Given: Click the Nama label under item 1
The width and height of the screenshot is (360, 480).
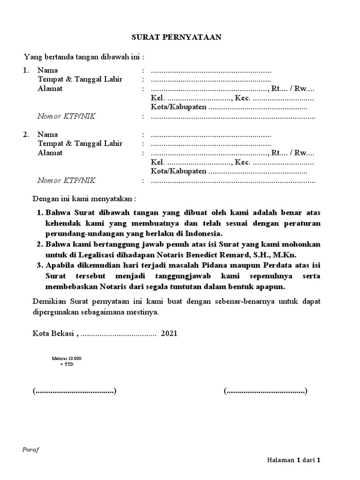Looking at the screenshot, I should (x=47, y=70).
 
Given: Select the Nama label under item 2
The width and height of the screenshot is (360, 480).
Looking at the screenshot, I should (x=47, y=135).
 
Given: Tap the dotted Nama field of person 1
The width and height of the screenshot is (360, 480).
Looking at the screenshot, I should (x=211, y=71).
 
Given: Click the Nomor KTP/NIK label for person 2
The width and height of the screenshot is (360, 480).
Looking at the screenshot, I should (x=66, y=180).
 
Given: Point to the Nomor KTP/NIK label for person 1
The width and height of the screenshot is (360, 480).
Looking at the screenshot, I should (x=66, y=116).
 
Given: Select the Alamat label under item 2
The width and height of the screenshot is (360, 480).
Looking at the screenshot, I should (x=50, y=153).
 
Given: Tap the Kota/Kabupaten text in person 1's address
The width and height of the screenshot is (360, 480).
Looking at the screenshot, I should (x=179, y=107).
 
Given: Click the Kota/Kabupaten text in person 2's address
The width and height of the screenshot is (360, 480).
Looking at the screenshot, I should (x=179, y=172).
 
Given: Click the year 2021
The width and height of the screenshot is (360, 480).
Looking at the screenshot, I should (x=169, y=334).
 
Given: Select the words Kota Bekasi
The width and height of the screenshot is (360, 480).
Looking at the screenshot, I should (x=53, y=334).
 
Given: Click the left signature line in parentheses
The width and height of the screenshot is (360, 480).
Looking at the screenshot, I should (x=75, y=391).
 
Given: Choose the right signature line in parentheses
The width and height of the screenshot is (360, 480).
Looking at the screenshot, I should (x=266, y=391).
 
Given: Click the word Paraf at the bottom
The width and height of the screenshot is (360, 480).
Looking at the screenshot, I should (x=31, y=449).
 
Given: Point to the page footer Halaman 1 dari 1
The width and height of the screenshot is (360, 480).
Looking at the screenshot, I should (x=293, y=460).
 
